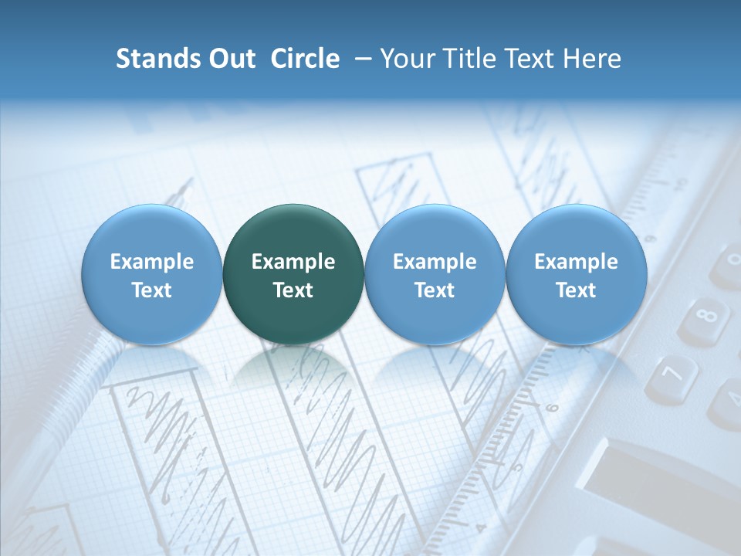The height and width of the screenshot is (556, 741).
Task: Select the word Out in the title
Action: (x=230, y=59)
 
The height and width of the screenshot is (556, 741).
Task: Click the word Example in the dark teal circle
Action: (x=293, y=262)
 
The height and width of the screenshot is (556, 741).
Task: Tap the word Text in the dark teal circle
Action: (x=293, y=290)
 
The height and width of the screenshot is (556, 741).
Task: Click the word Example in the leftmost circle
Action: (x=151, y=262)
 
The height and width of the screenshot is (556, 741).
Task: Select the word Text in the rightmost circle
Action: (x=576, y=290)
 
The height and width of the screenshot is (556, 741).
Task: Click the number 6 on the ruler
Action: (x=552, y=407)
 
